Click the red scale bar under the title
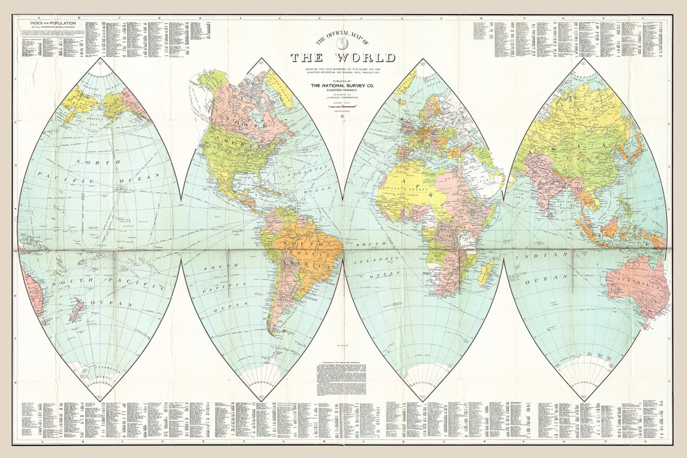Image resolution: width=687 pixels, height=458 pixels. [342, 105]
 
